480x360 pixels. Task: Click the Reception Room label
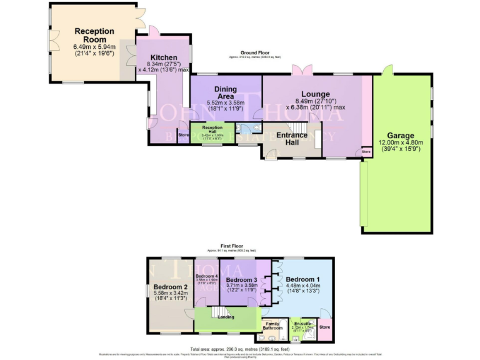(x=94, y=35)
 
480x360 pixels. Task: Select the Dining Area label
(x=225, y=93)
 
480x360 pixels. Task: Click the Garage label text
(x=400, y=135)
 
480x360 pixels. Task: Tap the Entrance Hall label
(x=292, y=139)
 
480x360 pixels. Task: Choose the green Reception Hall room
(x=212, y=134)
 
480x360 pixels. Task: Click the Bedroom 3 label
(x=241, y=279)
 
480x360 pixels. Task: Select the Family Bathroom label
(x=272, y=325)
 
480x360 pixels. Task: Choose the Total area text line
(x=239, y=348)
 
